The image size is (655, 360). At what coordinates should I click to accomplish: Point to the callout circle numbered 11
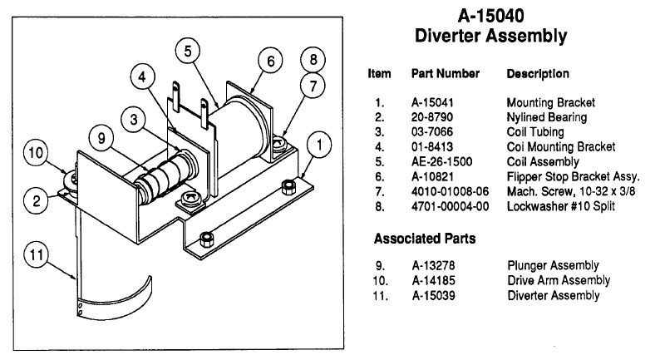pyautogui.click(x=33, y=255)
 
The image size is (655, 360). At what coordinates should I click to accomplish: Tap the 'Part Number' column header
pyautogui.click(x=446, y=74)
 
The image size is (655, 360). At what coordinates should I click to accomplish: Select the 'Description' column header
pyautogui.click(x=538, y=74)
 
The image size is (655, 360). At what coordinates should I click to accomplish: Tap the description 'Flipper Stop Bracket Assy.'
pyautogui.click(x=572, y=175)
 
